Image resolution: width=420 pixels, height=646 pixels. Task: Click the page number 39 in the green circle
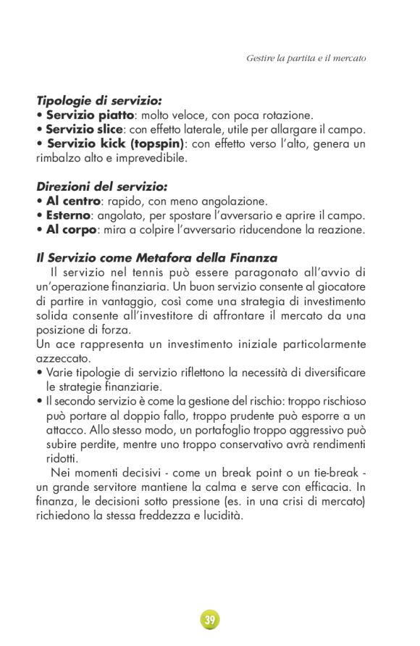209,620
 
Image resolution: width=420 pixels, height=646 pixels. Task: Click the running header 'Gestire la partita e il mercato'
306,57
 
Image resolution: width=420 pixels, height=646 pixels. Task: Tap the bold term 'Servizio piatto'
90,115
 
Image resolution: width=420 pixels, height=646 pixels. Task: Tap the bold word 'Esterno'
68,215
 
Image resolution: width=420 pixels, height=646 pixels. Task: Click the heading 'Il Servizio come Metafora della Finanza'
156,258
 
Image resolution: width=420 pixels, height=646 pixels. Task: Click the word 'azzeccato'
63,358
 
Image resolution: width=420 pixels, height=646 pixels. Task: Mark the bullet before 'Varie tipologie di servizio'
39,373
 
